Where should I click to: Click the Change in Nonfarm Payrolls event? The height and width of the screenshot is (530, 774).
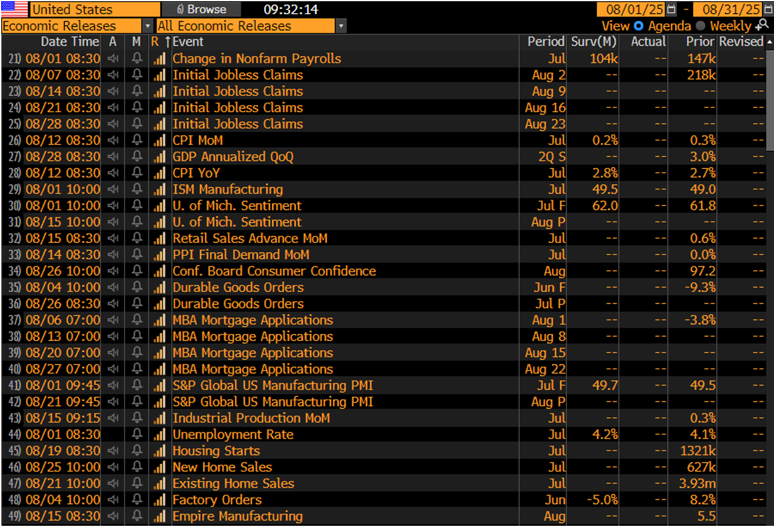(x=257, y=59)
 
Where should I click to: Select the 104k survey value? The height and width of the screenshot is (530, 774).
(x=604, y=59)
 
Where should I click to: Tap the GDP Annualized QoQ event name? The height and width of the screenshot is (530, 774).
(x=233, y=156)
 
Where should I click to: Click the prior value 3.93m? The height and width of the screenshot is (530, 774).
(x=697, y=483)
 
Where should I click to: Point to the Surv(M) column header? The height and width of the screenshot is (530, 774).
(x=594, y=42)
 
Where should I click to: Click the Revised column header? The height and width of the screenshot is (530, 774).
(x=741, y=42)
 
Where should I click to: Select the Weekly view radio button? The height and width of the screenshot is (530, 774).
(x=700, y=26)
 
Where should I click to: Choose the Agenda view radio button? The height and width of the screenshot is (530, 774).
(x=639, y=26)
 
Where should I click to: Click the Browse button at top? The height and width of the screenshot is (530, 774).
(x=201, y=10)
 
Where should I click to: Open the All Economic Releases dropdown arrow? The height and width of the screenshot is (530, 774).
(x=341, y=26)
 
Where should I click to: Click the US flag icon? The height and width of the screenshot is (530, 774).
(x=14, y=9)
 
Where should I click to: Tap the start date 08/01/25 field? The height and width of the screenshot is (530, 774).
(x=634, y=10)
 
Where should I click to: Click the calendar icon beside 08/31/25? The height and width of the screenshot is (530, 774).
(x=768, y=10)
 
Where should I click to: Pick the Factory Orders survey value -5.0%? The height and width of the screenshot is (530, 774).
(x=602, y=499)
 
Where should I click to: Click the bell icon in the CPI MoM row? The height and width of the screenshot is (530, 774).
(x=137, y=140)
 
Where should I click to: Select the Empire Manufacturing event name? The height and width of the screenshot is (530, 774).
(x=238, y=516)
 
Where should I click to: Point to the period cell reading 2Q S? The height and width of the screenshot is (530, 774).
(x=552, y=156)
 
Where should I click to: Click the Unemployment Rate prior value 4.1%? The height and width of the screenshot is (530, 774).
(x=703, y=434)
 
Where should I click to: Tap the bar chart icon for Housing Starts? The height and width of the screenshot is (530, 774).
(x=159, y=451)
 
